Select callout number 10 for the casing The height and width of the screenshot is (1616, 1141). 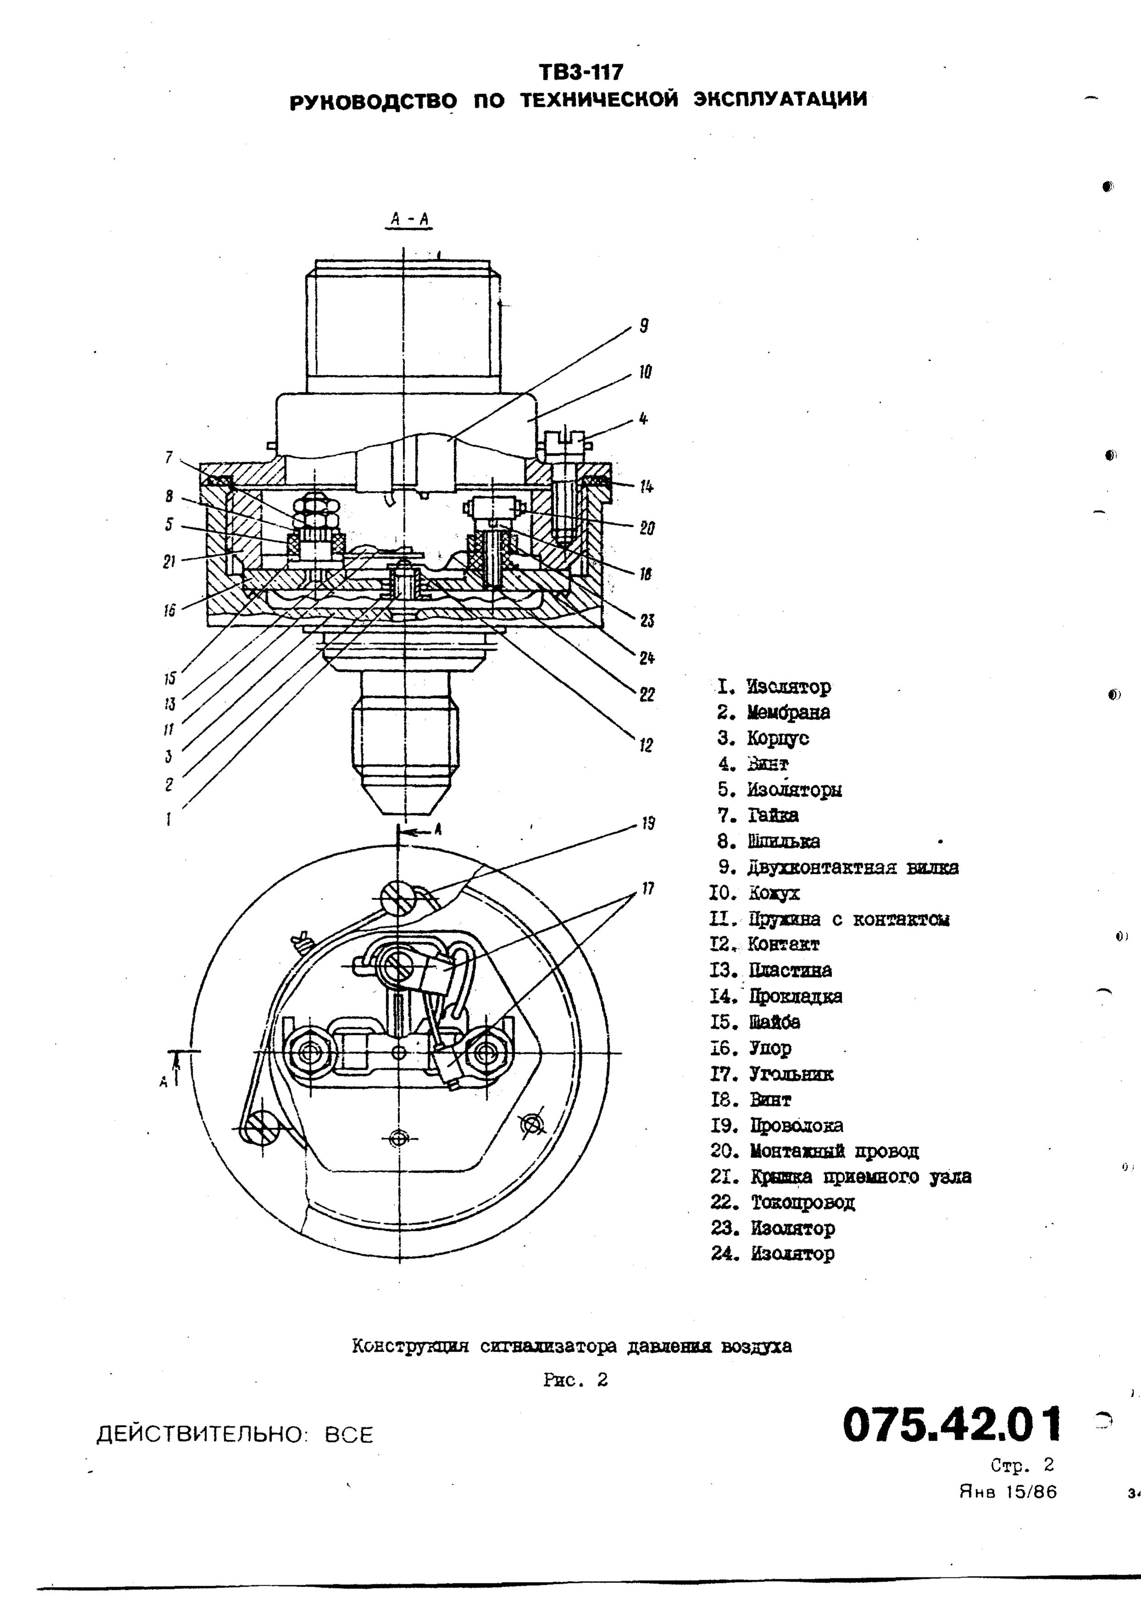pos(645,372)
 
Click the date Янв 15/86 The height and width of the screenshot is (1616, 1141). pos(1008,1492)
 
